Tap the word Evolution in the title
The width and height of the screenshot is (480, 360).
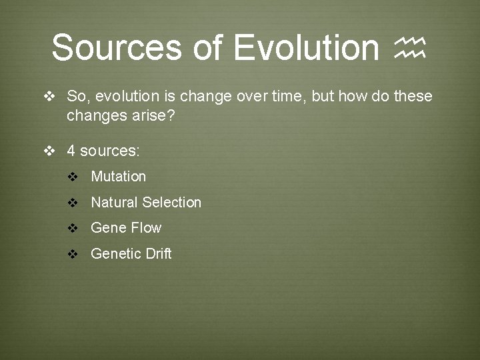pyautogui.click(x=307, y=47)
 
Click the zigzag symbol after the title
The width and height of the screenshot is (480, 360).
pyautogui.click(x=410, y=48)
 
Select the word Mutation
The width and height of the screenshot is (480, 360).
pyautogui.click(x=118, y=177)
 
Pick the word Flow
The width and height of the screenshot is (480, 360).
pyautogui.click(x=146, y=228)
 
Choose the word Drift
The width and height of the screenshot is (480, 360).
pyautogui.click(x=158, y=253)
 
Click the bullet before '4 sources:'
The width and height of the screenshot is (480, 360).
pyautogui.click(x=49, y=151)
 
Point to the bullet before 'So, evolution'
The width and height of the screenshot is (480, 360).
pyautogui.click(x=49, y=97)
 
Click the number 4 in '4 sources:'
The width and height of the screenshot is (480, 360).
pyautogui.click(x=71, y=151)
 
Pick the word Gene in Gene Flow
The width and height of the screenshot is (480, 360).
pyautogui.click(x=108, y=228)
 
